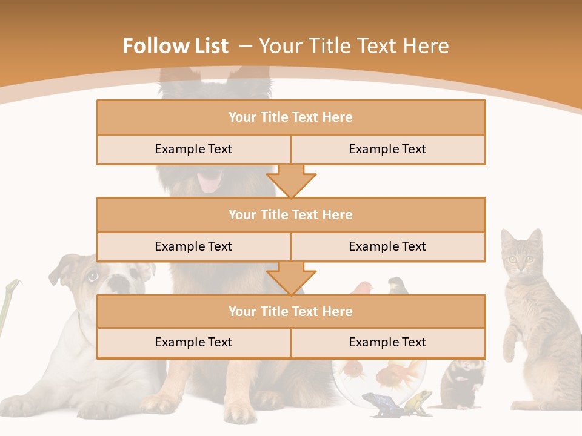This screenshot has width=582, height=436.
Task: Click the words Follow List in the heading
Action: point(175,46)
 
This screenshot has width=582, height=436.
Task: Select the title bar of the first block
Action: point(290,117)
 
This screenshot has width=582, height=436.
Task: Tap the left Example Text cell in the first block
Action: point(193,149)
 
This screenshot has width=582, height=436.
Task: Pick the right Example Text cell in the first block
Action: point(387,149)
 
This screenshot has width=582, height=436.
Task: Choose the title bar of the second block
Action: point(290,214)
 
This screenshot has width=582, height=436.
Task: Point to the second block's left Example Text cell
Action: point(193,246)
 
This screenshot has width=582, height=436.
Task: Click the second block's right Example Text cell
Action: point(387,246)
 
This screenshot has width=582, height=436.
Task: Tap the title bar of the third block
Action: point(290,311)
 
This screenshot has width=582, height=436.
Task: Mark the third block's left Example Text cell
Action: point(193,342)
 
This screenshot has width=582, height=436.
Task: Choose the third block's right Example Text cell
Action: point(387,342)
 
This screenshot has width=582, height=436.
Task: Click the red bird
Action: point(364,287)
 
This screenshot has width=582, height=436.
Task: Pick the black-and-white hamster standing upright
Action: point(462,381)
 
